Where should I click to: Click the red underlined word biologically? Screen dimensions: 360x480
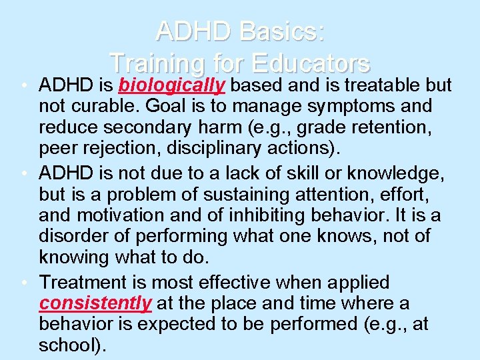coord(171,86)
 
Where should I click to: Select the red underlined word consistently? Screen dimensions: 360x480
coord(95,304)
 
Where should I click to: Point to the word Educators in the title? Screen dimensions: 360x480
coord(309,63)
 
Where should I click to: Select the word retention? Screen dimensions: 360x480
coord(380,126)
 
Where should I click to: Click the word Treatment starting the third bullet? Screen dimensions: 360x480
coord(84,283)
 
